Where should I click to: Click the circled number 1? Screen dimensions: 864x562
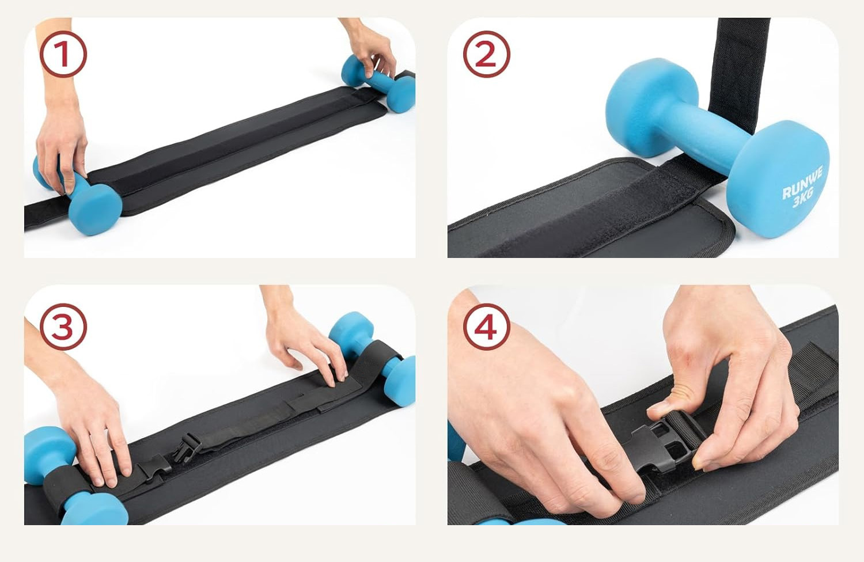tap(63, 54)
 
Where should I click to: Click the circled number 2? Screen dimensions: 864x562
tap(486, 54)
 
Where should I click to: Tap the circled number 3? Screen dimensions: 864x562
tap(63, 326)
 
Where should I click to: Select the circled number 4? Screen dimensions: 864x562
tap(486, 326)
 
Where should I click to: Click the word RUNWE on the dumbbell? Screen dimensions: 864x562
tap(802, 182)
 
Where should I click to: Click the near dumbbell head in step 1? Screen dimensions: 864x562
tap(95, 208)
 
